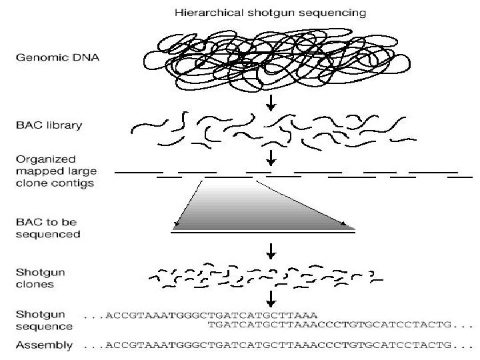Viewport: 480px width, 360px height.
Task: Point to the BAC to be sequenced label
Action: (47, 227)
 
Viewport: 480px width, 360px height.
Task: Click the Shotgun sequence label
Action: (43, 320)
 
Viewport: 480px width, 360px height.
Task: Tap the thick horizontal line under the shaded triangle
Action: (263, 231)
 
